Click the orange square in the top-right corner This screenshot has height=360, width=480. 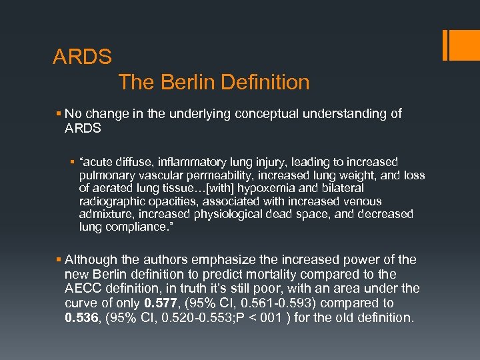tap(461, 46)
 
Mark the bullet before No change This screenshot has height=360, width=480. tap(59, 114)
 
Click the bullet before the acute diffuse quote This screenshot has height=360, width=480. tap(73, 162)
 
